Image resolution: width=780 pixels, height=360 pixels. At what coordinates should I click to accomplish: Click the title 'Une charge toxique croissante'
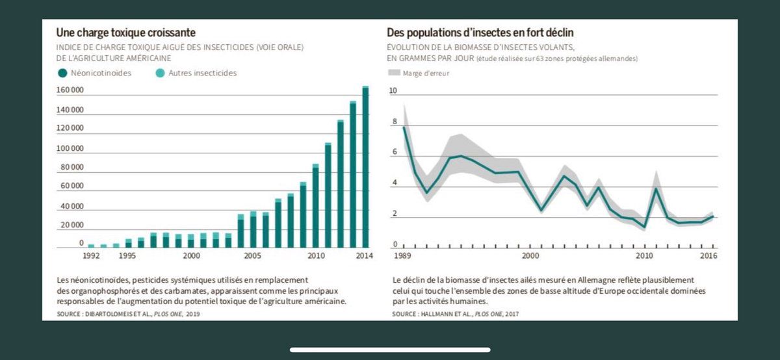(126, 32)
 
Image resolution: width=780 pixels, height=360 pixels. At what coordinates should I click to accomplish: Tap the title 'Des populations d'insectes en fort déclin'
(480, 32)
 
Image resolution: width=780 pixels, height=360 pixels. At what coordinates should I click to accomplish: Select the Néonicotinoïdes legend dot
(62, 73)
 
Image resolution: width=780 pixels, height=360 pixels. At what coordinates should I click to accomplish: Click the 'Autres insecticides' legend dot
(159, 73)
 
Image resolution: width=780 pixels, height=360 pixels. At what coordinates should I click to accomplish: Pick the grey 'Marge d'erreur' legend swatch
(393, 73)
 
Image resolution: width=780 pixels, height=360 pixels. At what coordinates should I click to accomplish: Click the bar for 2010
(315, 206)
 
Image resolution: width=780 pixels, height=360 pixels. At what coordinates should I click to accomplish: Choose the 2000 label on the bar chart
(190, 256)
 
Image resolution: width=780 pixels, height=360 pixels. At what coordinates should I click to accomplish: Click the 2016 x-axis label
(708, 256)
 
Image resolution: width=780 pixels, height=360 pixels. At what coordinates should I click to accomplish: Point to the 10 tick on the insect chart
(393, 90)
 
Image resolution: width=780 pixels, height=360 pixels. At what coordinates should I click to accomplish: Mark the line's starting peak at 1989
(404, 127)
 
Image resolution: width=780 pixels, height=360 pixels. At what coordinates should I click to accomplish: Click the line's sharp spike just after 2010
(656, 188)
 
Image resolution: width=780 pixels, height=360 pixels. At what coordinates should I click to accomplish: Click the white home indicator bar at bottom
(390, 350)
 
